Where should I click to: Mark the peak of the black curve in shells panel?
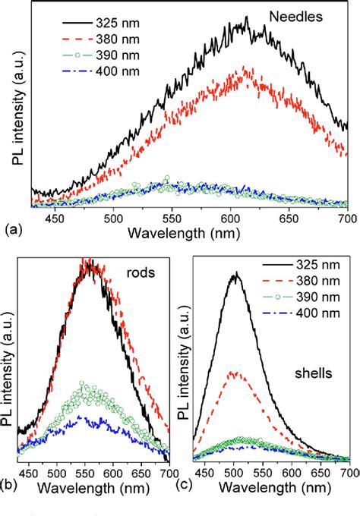point(235,274)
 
